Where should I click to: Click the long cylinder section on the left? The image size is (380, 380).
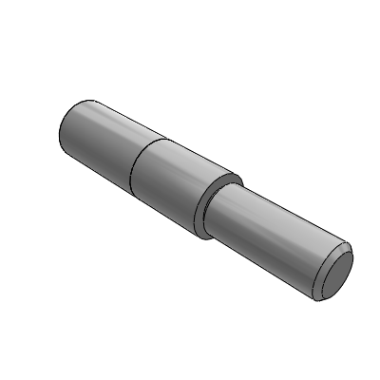pyautogui.click(x=100, y=138)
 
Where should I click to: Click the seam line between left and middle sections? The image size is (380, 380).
pyautogui.click(x=133, y=171)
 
